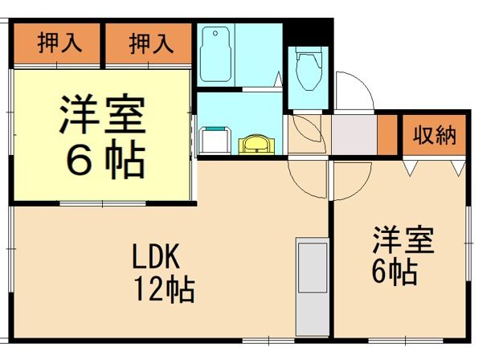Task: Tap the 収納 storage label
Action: [x=434, y=136]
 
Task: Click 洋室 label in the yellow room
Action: [x=101, y=117]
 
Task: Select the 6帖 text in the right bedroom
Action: [x=394, y=273]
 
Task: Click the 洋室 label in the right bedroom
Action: [x=402, y=241]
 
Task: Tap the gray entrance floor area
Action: [x=354, y=134]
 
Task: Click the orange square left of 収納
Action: [x=388, y=135]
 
